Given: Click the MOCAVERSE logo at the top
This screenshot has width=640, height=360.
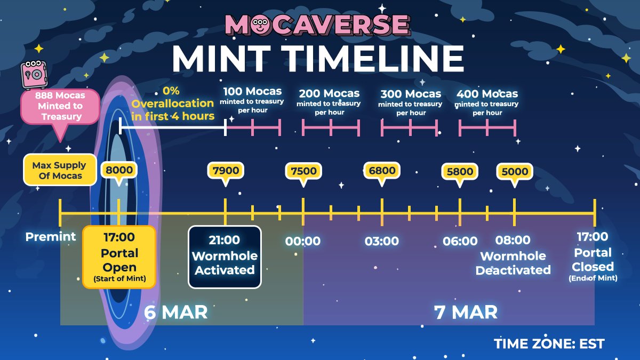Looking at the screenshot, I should click(x=317, y=25).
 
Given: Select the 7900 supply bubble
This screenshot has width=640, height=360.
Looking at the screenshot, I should click(x=225, y=171).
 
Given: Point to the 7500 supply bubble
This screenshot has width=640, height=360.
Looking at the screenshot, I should click(x=303, y=171).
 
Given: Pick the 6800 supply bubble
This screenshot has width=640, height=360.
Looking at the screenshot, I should click(x=382, y=171).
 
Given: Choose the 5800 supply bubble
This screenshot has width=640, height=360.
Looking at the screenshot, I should click(x=460, y=172).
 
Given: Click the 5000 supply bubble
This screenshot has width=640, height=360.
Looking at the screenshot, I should click(x=515, y=172).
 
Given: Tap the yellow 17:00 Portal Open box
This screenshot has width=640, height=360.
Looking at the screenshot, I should click(x=119, y=257).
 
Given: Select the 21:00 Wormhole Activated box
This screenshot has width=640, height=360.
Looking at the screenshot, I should click(x=225, y=257).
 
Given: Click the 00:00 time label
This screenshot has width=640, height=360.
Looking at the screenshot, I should click(x=303, y=241).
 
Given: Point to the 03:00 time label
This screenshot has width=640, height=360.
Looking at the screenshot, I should click(x=382, y=241).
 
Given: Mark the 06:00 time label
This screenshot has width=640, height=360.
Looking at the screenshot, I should click(x=460, y=241).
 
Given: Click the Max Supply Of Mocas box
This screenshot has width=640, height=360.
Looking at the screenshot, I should click(x=58, y=170).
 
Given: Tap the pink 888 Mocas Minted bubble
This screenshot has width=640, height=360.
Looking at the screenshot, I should click(x=60, y=106).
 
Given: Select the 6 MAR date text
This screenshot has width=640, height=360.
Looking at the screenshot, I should click(x=175, y=311).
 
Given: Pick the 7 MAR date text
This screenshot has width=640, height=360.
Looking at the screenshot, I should click(x=466, y=311).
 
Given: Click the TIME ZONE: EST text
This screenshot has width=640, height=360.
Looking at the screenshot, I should click(x=549, y=343).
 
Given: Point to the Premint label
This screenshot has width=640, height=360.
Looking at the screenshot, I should click(x=51, y=236).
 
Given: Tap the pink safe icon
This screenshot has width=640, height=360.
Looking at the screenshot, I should click(x=33, y=74).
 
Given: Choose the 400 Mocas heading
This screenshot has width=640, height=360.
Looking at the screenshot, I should click(x=487, y=94).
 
